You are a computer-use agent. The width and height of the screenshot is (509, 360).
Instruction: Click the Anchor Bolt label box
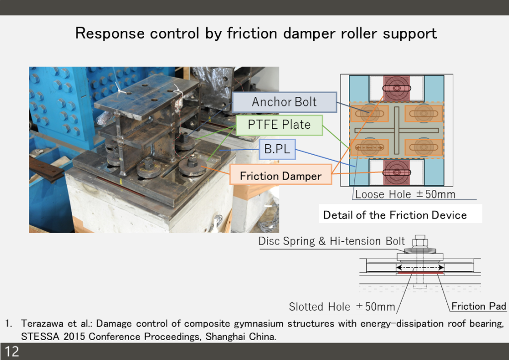(284, 102)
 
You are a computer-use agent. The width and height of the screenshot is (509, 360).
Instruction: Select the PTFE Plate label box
(279, 125)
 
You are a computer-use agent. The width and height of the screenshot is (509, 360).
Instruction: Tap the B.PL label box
(277, 149)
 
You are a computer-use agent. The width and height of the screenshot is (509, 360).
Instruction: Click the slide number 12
(12, 352)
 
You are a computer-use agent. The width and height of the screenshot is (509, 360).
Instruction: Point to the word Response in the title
(110, 33)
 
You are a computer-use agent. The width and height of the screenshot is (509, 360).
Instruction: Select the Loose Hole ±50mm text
(405, 194)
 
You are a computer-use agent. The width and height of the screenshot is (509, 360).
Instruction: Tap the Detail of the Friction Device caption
(395, 215)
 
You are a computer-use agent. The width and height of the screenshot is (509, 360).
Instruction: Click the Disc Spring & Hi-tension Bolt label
(332, 241)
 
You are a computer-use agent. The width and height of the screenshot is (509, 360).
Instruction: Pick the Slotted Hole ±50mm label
(342, 307)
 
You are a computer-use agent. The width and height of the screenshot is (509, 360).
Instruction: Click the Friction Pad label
(479, 306)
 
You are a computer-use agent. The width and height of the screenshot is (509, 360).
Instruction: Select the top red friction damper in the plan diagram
(396, 88)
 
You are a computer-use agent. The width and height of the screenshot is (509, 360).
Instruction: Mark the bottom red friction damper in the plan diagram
(396, 173)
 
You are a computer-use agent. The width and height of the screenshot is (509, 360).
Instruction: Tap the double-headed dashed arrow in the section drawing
(420, 268)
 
